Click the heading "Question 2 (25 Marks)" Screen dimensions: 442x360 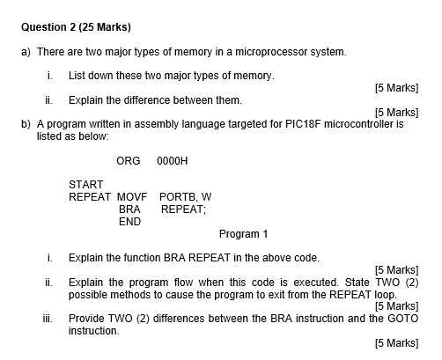[x=76, y=27]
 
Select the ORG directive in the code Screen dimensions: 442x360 [x=129, y=161]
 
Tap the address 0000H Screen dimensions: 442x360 [x=173, y=161]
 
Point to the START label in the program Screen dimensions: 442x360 [x=86, y=185]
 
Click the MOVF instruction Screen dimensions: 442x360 [x=132, y=197]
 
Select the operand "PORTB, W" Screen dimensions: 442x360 [x=185, y=197]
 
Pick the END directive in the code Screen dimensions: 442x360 [x=129, y=222]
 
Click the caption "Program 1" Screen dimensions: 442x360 [x=243, y=234]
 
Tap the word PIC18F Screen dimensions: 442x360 [x=303, y=124]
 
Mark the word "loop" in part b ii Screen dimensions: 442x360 [x=386, y=294]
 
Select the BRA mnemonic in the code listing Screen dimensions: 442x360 [x=129, y=209]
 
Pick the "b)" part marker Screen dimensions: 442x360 [x=26, y=124]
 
